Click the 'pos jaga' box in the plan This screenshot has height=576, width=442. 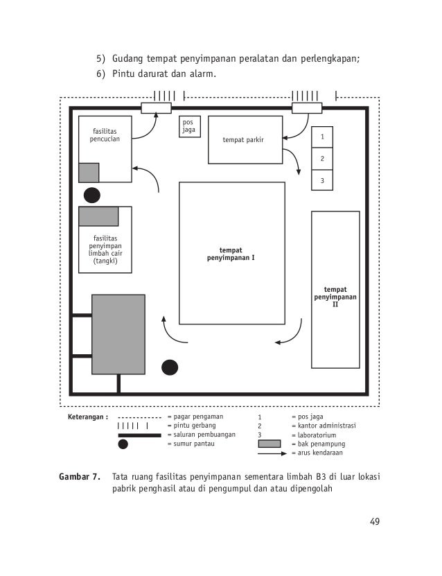(189, 126)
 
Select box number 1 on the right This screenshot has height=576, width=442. (321, 137)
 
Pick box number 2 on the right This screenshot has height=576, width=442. (321, 159)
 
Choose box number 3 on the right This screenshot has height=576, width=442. (321, 180)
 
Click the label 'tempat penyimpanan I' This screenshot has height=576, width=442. (231, 254)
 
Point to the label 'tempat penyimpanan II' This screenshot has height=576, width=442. (335, 296)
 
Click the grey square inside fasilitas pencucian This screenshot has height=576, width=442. (89, 172)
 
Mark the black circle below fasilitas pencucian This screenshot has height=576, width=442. (91, 195)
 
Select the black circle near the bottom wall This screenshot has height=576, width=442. (169, 367)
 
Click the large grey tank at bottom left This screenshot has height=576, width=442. (118, 334)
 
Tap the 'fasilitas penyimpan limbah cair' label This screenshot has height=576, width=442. (105, 250)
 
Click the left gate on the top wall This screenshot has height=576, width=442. (156, 107)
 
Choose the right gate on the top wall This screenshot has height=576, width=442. (306, 107)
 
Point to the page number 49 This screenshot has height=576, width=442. (374, 522)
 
